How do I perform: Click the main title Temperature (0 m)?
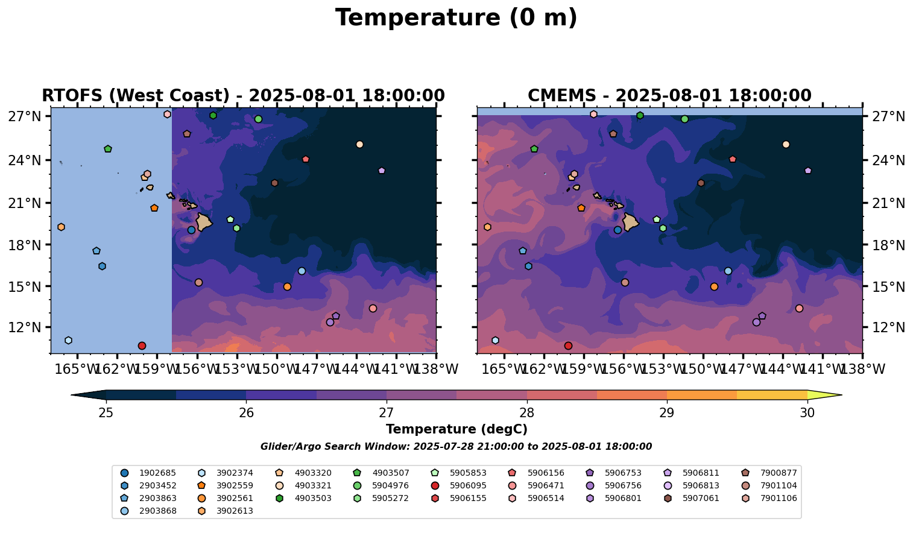tap(456, 18)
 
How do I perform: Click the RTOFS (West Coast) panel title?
tap(243, 96)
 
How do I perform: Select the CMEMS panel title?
tap(669, 96)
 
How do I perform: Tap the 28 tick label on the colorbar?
tap(526, 413)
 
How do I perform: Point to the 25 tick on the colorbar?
tap(106, 413)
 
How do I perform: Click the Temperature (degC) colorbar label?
tap(456, 429)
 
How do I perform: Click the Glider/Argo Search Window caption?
tap(456, 447)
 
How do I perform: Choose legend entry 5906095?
tap(468, 486)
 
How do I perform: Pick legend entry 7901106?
tap(779, 499)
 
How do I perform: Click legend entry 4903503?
tap(312, 499)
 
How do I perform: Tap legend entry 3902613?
tap(235, 511)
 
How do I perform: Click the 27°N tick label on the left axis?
tap(24, 116)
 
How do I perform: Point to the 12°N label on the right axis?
tap(888, 328)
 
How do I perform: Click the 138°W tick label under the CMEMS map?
tap(863, 369)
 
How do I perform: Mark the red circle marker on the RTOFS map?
tap(142, 346)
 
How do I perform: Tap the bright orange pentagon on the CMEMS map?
tap(581, 208)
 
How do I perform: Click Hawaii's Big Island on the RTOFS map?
tap(203, 222)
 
